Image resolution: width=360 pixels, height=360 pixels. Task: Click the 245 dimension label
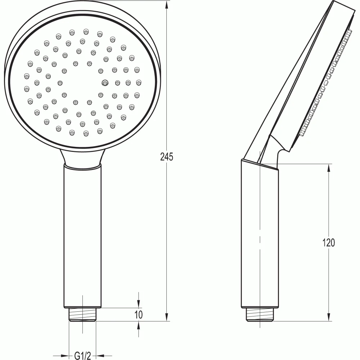[167, 157]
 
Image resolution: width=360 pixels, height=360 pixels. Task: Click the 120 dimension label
[329, 242]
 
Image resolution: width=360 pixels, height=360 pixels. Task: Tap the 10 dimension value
[139, 315]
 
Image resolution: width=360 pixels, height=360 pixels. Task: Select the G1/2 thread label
[83, 356]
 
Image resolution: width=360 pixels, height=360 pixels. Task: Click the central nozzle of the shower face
[105, 83]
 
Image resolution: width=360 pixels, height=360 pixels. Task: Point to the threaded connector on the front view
[83, 315]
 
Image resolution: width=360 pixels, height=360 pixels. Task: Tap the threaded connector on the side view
[260, 315]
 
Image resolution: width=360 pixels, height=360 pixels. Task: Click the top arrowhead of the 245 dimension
[167, 5]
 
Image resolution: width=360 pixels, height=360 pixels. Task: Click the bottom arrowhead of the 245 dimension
[167, 317]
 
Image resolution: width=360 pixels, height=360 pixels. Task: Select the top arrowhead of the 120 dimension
[329, 168]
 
